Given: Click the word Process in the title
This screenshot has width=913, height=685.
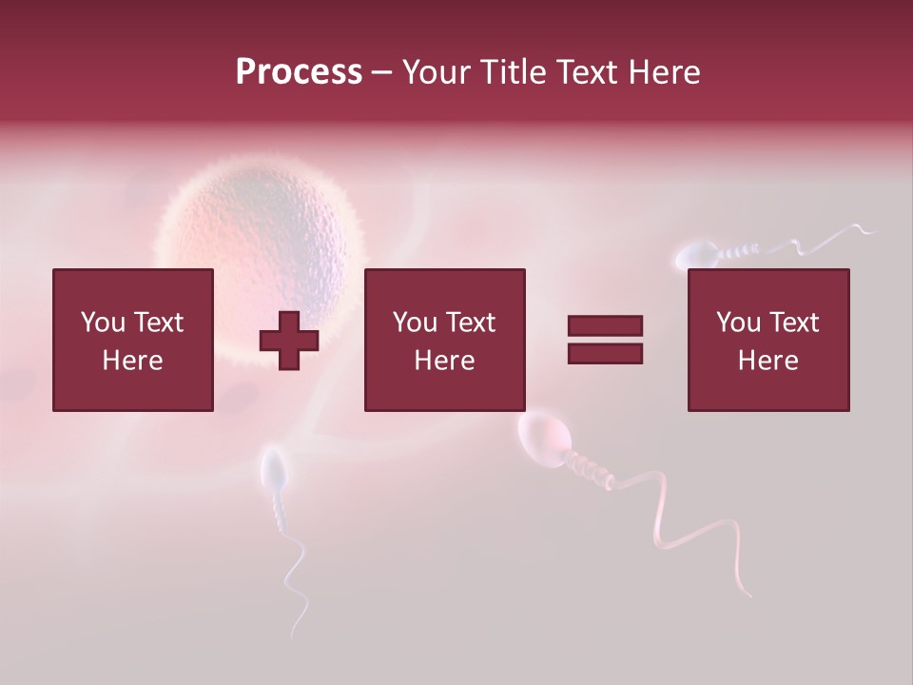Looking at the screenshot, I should pos(299,72).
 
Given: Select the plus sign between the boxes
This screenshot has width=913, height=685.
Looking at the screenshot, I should pos(289,340).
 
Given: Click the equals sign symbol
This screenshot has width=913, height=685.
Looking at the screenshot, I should pos(605,340).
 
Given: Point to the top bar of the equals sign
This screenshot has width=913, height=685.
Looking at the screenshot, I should pos(605,326).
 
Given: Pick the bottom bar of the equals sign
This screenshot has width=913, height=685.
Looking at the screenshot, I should pos(605,354).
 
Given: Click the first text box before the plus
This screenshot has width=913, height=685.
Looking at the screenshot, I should pos(133,340).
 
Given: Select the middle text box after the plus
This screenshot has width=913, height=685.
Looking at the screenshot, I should pos(444,340).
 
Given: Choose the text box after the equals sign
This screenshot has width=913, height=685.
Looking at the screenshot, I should pos(767,340).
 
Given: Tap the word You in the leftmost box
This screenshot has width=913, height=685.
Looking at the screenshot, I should pos(103,323).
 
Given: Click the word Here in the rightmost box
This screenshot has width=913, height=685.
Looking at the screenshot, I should pos(767,361).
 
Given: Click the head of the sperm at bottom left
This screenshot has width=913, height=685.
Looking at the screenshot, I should pos(274,468).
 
